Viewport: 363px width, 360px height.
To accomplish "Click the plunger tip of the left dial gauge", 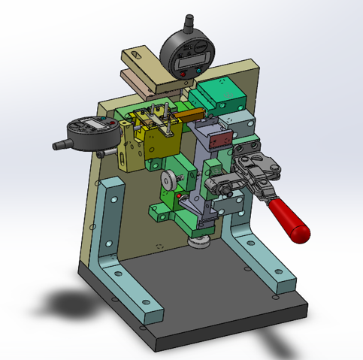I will point(58,144).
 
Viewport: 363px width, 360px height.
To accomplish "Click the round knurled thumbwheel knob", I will point(170,180).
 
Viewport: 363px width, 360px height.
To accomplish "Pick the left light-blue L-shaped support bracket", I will point(113,248).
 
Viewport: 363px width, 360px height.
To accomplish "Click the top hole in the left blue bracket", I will point(112,199).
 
